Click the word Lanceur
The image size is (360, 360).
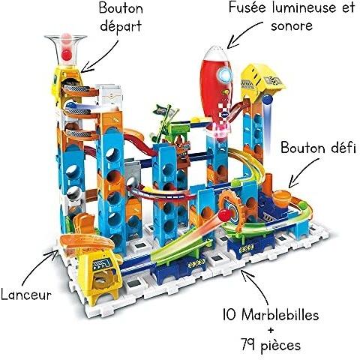26,294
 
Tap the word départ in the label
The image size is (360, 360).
121,26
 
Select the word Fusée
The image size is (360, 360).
248,7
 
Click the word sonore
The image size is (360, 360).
292,26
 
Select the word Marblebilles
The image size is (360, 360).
280,314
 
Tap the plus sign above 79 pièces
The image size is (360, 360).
271,330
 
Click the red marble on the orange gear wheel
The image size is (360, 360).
225,215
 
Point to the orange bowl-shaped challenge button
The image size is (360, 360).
282,197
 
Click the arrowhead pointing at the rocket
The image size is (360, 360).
232,43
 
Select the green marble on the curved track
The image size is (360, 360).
303,205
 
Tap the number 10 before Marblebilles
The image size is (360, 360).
229,314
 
